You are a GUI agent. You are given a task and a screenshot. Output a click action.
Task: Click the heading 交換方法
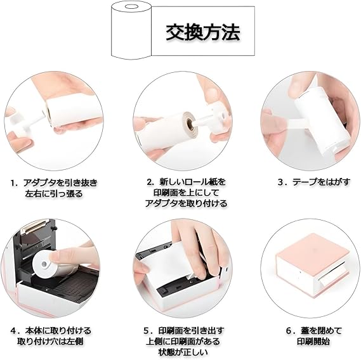click(x=203, y=32)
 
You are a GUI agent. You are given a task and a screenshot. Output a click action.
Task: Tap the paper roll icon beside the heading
click(x=131, y=30)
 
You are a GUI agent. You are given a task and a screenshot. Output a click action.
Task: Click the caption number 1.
click(x=14, y=183)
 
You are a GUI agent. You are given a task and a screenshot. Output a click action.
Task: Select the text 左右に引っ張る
click(x=54, y=194)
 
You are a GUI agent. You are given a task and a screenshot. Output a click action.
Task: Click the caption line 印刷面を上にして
click(x=186, y=193)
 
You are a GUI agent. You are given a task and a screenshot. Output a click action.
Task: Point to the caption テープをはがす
click(x=321, y=182)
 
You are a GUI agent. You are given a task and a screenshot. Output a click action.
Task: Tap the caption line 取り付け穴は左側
click(x=50, y=342)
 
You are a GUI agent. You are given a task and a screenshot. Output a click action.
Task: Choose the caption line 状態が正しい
click(x=183, y=352)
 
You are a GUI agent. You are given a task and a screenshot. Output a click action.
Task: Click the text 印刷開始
click(x=313, y=342)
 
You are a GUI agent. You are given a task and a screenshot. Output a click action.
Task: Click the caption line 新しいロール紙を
click(x=186, y=182)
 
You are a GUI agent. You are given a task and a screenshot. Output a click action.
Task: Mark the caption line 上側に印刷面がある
click(x=183, y=342)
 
